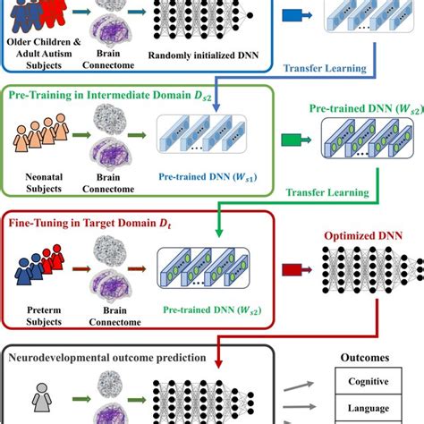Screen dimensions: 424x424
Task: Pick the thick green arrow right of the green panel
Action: (292, 140)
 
